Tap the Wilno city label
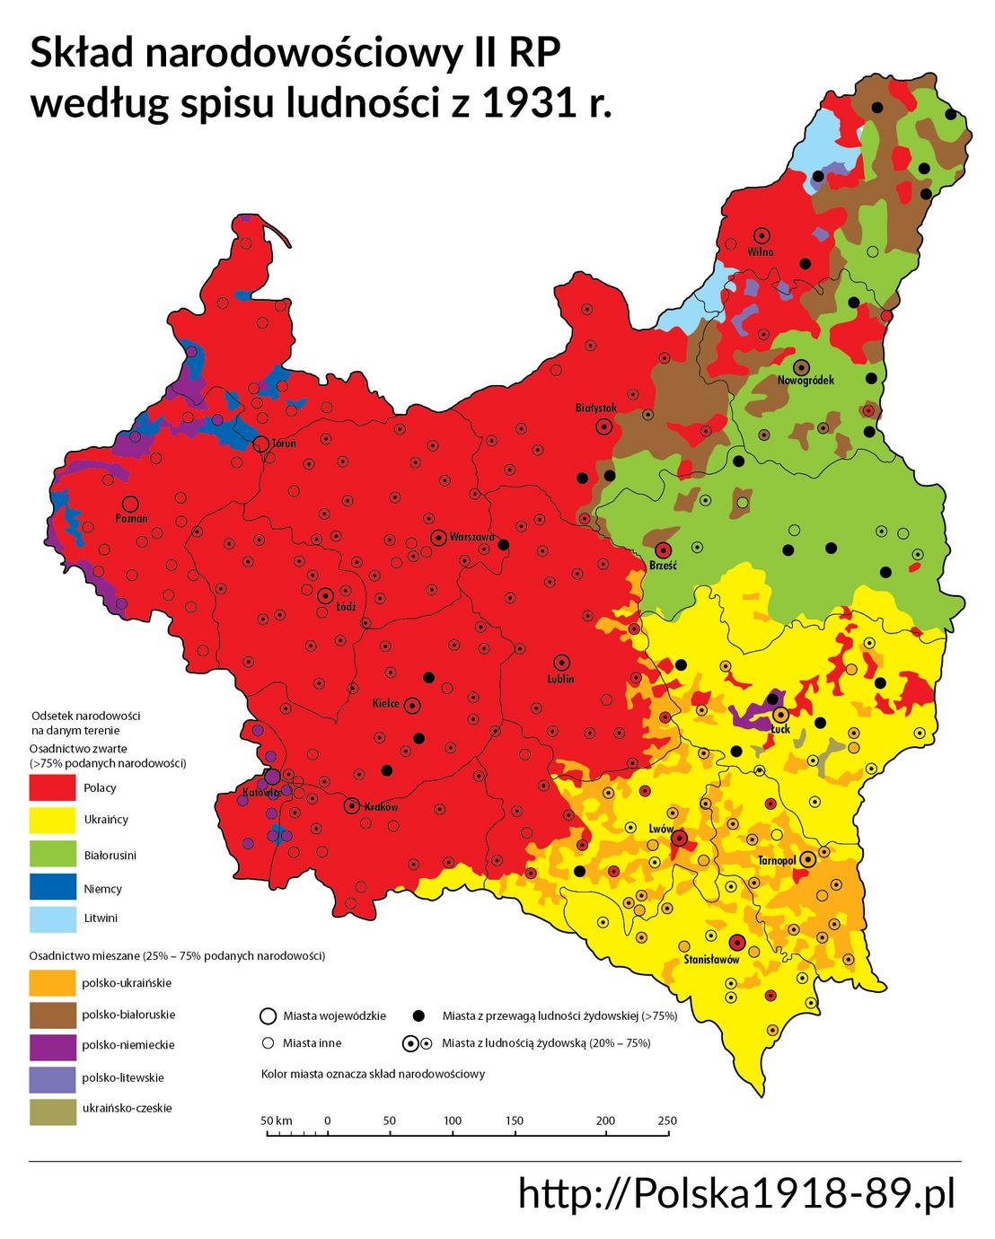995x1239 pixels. tap(761, 252)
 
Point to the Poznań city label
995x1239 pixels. tap(131, 519)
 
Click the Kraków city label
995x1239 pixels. tap(381, 807)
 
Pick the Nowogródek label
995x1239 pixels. tap(806, 381)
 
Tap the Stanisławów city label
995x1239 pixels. tap(711, 960)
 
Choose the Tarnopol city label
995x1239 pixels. tap(778, 861)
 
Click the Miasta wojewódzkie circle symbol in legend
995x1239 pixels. tap(267, 1016)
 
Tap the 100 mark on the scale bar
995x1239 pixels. tap(453, 1120)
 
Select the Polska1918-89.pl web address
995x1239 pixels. tap(736, 1194)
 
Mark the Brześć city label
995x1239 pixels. tap(663, 567)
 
